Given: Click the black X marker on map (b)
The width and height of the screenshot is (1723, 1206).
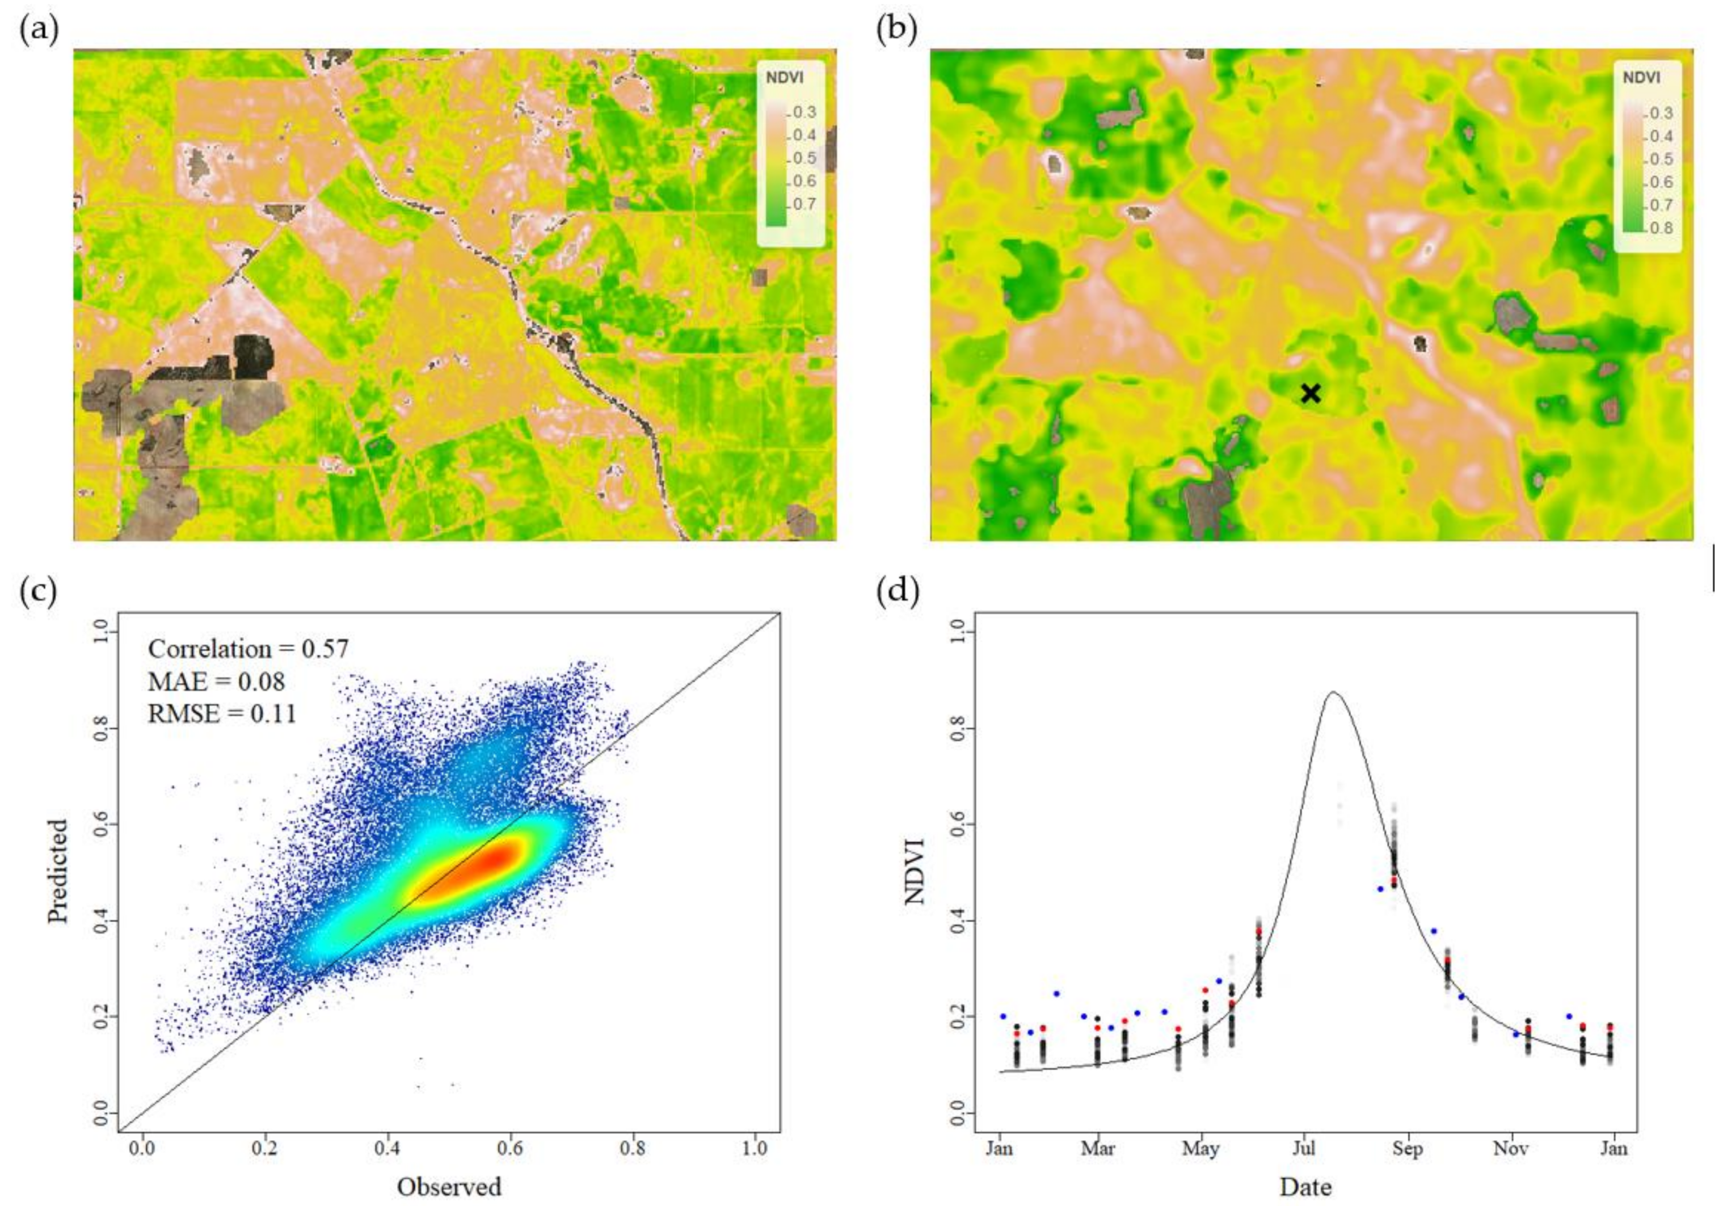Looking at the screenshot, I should pos(1310,393).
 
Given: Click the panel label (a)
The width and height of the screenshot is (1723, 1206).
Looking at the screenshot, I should pos(38,32).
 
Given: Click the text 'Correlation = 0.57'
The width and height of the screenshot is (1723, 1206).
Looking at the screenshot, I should pos(248,649).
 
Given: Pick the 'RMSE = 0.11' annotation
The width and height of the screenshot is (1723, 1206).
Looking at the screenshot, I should pos(222,713).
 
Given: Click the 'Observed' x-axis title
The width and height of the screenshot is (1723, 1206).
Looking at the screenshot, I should pos(449,1187).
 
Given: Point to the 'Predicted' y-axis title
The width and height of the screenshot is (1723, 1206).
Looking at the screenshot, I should pos(58,871).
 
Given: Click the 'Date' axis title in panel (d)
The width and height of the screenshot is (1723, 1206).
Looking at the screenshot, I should pos(1306,1187).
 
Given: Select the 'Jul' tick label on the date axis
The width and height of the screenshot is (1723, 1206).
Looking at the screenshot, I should pos(1304,1149).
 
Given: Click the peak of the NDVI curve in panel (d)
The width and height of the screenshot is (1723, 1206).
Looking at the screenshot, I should pos(1333,692).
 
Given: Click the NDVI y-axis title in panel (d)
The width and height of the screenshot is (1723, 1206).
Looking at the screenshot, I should pos(915,871).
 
